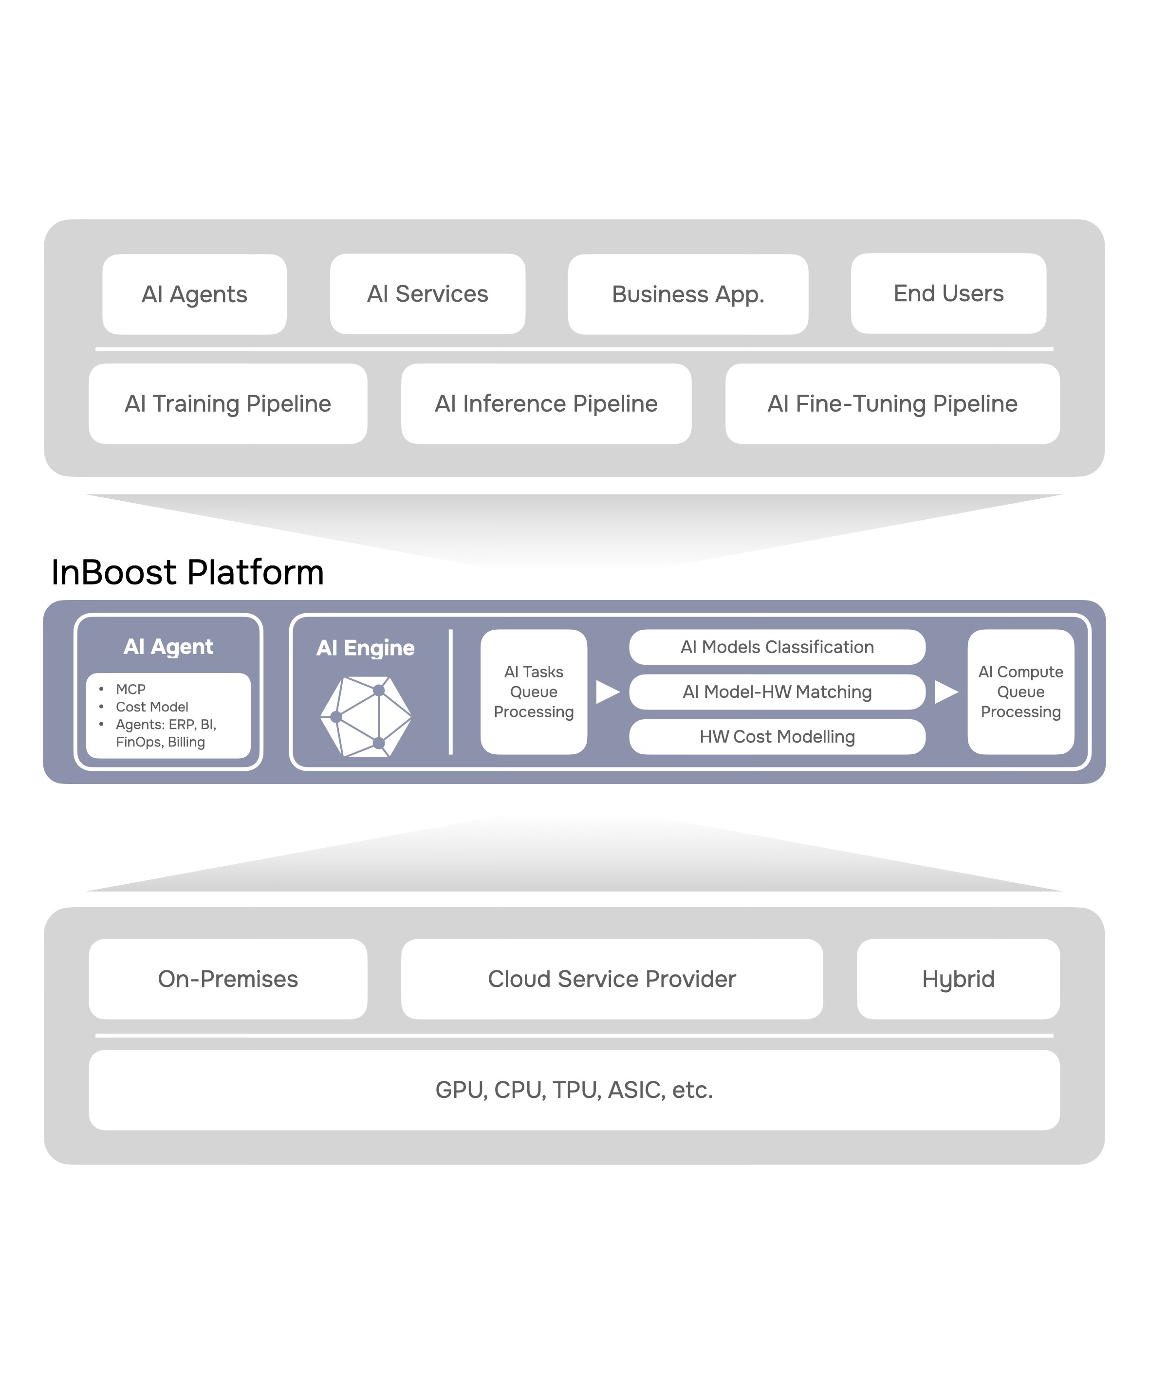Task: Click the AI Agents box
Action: (x=194, y=294)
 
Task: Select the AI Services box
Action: (x=427, y=293)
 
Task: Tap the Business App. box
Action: (x=687, y=294)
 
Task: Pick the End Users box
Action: (x=948, y=293)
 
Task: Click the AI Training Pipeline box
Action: (x=227, y=403)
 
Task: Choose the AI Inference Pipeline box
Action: (x=546, y=403)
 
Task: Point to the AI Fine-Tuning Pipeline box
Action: (x=892, y=403)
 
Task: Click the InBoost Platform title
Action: (x=188, y=572)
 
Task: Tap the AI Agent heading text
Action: (x=168, y=647)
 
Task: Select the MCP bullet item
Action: (x=130, y=689)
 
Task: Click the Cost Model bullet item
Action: (x=151, y=707)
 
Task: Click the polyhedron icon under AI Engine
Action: (x=366, y=716)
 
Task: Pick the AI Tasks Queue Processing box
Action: (x=533, y=692)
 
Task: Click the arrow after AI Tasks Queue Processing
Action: (x=607, y=692)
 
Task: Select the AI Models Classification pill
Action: (x=777, y=647)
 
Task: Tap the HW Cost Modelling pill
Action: (x=777, y=736)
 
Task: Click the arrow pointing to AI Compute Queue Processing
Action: (x=946, y=692)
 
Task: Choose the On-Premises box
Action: (x=227, y=979)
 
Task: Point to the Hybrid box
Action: (x=958, y=979)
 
